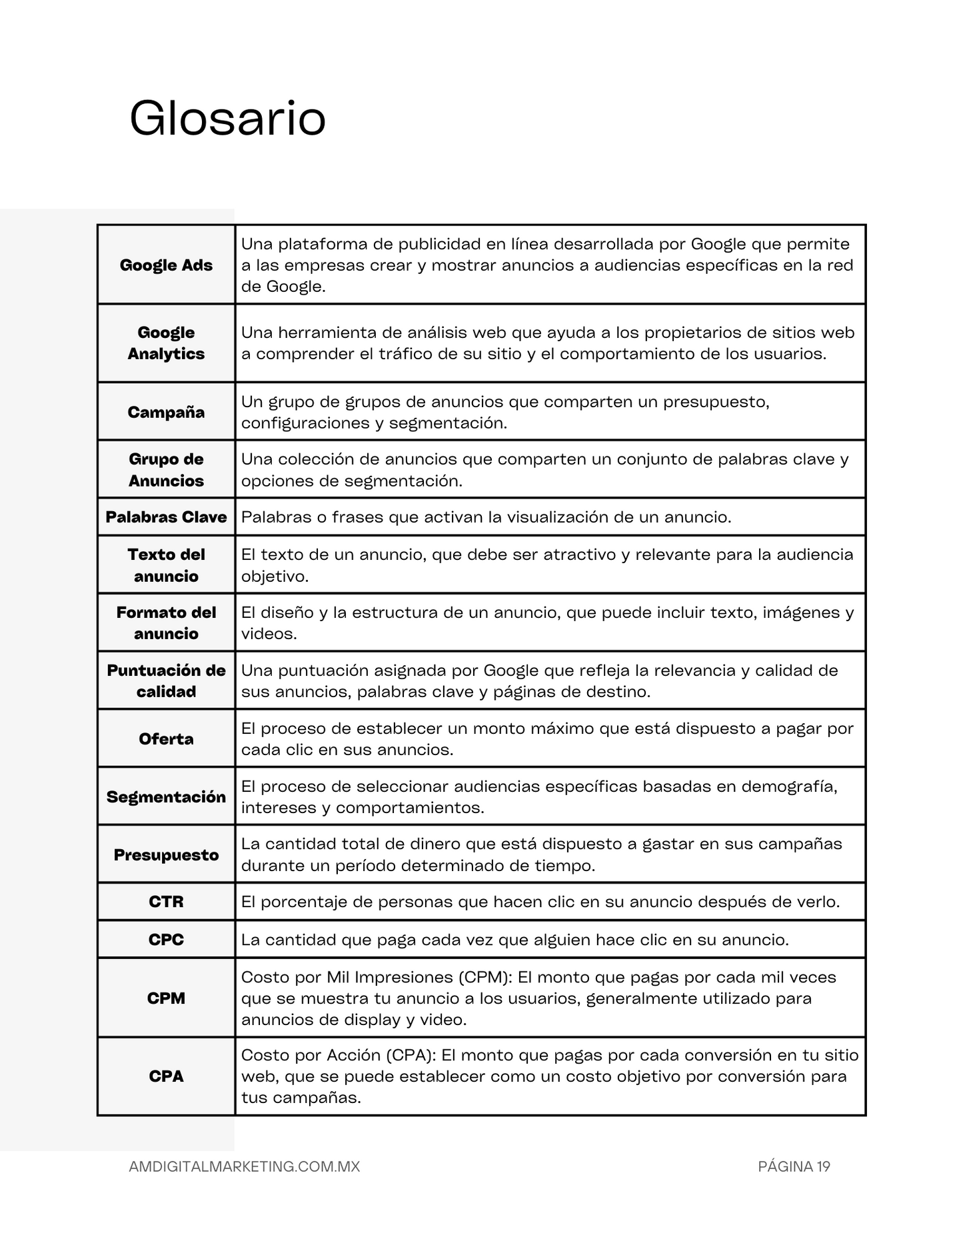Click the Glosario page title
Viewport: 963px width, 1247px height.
227,119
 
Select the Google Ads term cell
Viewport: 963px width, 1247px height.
166,265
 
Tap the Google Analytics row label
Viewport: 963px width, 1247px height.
166,343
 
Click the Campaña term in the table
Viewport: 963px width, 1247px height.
166,412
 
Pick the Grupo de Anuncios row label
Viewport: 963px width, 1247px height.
166,470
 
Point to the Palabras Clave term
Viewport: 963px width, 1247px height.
166,517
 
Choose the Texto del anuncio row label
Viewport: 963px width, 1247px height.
166,565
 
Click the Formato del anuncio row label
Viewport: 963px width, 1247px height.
166,623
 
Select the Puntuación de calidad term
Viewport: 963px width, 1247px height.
166,680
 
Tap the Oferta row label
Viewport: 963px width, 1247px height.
166,738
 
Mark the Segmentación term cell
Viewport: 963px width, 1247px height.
166,796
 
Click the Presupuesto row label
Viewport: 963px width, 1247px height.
166,854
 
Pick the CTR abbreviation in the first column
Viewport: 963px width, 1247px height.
166,902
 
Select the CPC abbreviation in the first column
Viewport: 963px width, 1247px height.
166,940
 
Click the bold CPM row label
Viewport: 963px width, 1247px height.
166,998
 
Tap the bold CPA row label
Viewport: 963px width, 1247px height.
166,1076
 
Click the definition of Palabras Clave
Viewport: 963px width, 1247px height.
486,517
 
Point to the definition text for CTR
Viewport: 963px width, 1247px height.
540,902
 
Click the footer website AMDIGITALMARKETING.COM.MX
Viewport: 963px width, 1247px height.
244,1166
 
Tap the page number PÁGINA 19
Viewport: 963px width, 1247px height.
794,1166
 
